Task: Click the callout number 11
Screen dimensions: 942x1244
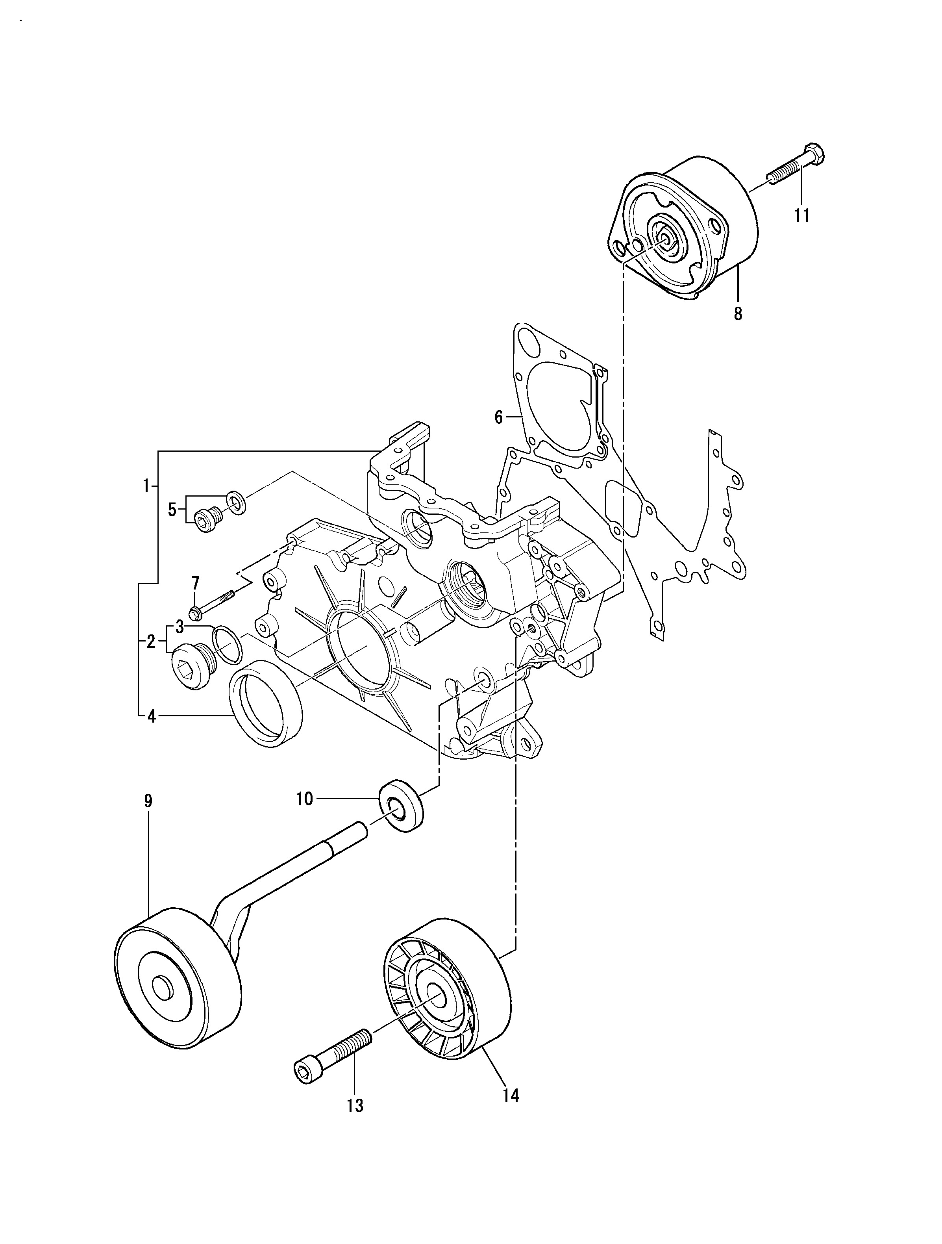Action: pos(801,215)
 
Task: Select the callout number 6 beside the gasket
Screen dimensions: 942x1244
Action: pos(498,417)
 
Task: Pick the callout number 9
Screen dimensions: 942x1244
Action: pos(148,801)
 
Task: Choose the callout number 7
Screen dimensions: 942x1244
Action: pos(195,583)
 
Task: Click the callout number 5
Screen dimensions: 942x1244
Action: pos(172,510)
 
